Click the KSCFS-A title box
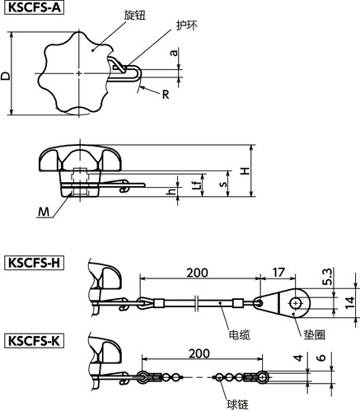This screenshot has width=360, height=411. [x=35, y=7]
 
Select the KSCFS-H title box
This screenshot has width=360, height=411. [x=35, y=263]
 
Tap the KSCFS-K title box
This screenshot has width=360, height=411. [x=35, y=341]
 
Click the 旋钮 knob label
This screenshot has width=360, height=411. [x=134, y=15]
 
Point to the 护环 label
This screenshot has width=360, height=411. [x=187, y=26]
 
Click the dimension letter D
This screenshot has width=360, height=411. [x=5, y=76]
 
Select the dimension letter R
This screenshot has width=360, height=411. [x=166, y=95]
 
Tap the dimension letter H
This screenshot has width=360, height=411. [x=245, y=171]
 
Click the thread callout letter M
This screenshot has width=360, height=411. [x=44, y=212]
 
